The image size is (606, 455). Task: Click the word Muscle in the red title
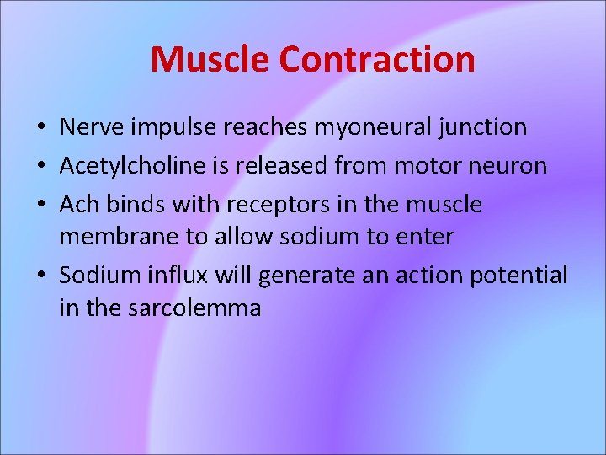point(210,59)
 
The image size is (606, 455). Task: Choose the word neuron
point(509,165)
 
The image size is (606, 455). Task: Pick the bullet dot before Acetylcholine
point(40,167)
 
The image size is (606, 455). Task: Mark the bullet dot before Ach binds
point(40,206)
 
